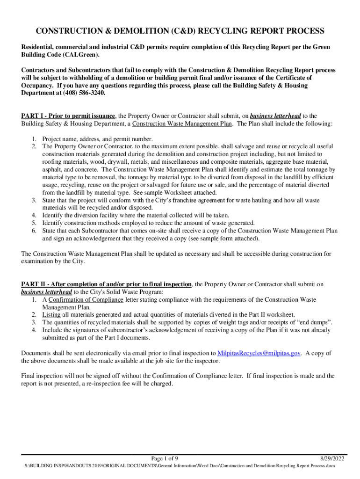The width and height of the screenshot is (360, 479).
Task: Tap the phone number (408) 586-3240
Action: (x=84, y=93)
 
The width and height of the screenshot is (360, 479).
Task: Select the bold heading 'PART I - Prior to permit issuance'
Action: (x=68, y=116)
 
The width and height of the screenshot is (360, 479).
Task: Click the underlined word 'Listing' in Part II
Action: (x=51, y=314)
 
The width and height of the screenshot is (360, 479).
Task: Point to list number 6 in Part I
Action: (x=34, y=231)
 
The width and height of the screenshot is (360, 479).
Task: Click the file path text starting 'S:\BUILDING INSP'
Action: (x=180, y=466)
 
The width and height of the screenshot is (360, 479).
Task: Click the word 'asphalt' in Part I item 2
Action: (x=53, y=169)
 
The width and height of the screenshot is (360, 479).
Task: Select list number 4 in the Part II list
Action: (x=34, y=330)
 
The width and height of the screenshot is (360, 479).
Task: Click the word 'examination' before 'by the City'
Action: (x=40, y=261)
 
